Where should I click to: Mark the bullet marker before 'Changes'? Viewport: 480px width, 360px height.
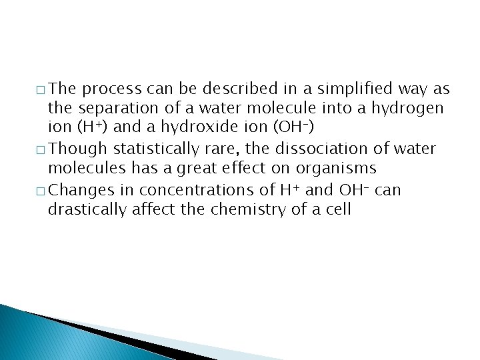tap(42, 191)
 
